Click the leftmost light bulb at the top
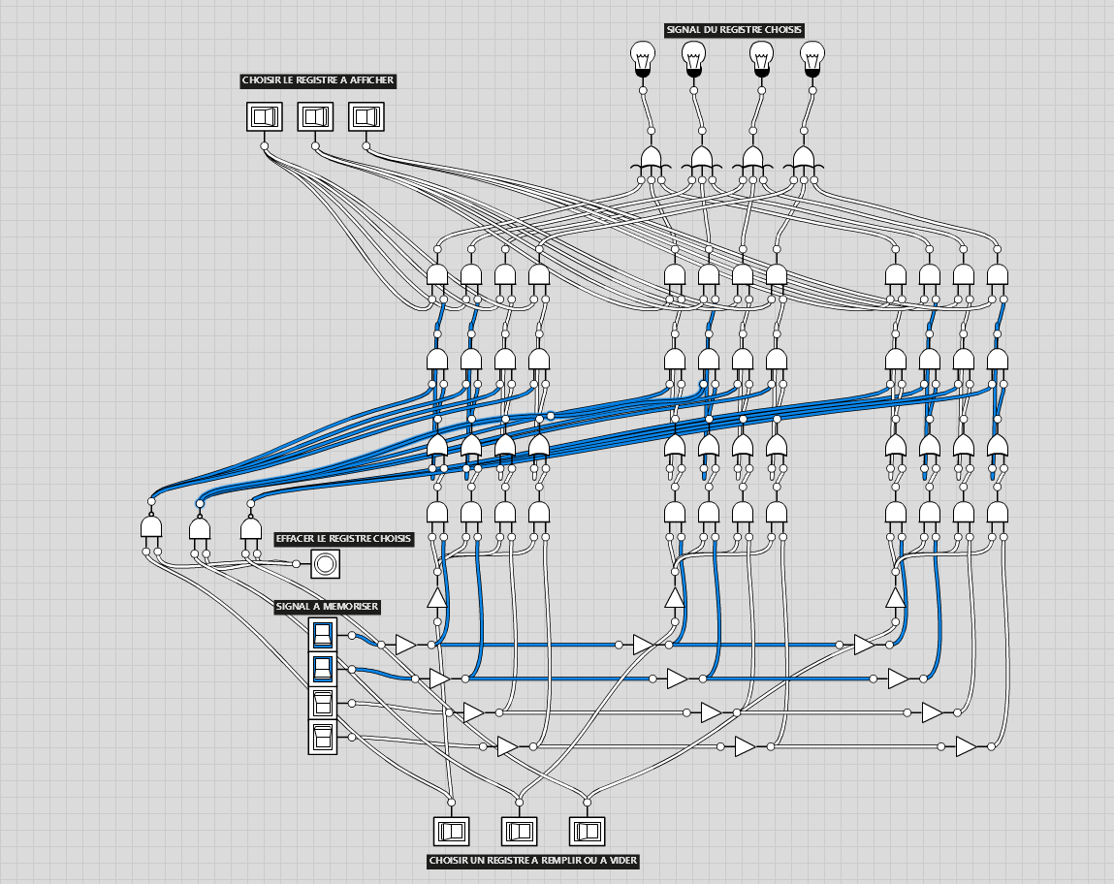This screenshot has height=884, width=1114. coord(642,59)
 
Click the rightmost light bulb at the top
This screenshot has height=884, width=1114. coord(812,59)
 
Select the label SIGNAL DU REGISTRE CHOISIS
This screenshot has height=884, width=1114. coord(734,30)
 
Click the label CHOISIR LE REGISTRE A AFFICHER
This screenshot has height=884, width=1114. coord(318,80)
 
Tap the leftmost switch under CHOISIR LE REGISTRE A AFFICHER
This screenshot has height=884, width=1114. coord(265,116)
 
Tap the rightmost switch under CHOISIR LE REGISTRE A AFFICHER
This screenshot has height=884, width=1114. coord(366,116)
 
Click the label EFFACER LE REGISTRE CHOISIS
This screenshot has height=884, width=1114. coord(344,539)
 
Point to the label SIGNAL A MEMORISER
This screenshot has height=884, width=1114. coord(327,607)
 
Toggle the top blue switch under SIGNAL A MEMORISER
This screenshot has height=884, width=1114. coord(323,635)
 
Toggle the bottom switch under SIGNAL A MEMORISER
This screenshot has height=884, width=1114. coord(323,737)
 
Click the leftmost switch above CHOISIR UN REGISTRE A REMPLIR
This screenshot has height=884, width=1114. coord(451,831)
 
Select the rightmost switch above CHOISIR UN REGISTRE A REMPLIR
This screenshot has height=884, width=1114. coord(587,831)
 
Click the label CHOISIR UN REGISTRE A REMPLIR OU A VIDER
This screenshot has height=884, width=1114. coord(533,862)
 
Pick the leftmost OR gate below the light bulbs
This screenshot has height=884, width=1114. coord(651,159)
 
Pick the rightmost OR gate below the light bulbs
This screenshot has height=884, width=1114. coord(804,159)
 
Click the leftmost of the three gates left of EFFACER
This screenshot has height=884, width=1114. coord(151,527)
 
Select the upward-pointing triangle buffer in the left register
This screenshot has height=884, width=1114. coord(437,598)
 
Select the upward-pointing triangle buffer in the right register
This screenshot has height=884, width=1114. coord(895,598)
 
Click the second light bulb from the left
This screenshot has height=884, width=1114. coord(693,59)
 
